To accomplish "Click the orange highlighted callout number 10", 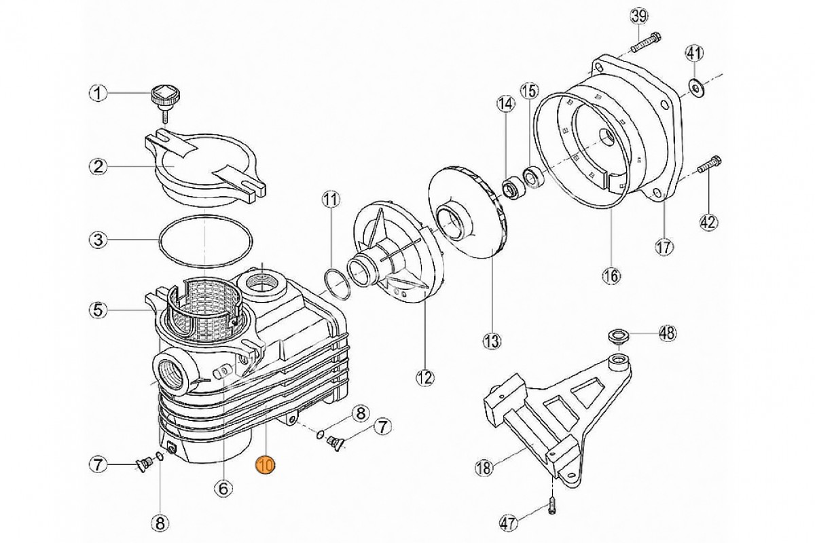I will (264, 465).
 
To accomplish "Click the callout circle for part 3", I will (99, 240).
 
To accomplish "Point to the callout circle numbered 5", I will (99, 310).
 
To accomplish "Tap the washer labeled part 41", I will (696, 86).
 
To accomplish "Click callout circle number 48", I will (668, 333).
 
